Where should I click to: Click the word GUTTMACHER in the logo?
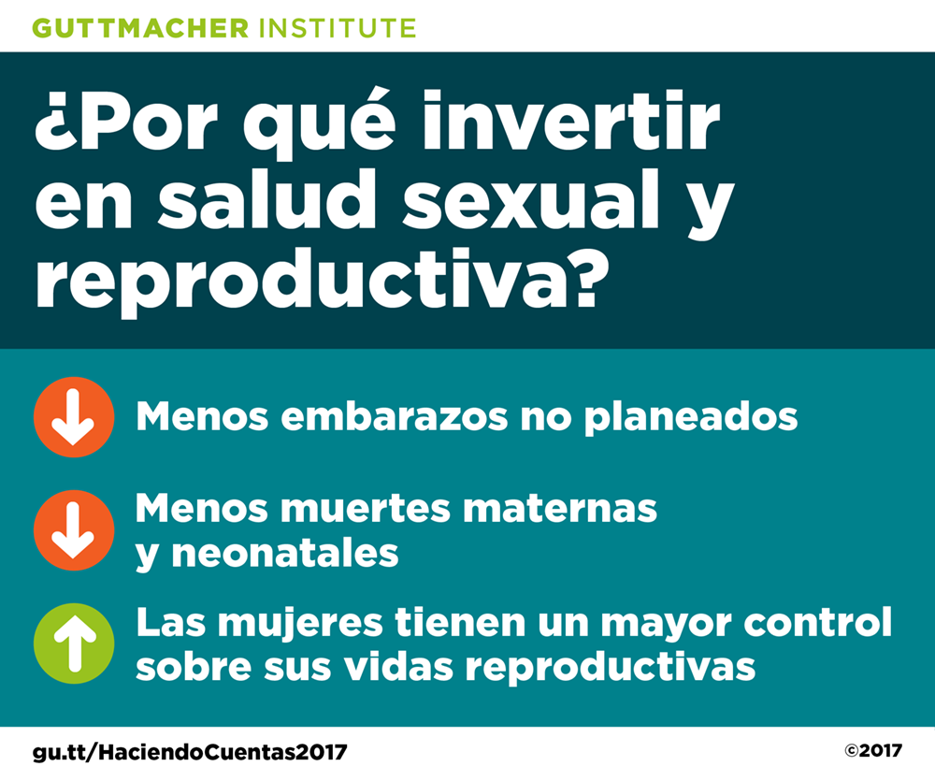[140, 28]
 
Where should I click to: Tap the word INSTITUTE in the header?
[338, 28]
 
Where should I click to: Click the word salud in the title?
[266, 198]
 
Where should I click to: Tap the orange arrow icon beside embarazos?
[74, 417]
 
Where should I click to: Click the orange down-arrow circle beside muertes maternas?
[74, 530]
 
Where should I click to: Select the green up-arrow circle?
[74, 644]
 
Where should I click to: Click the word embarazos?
[395, 416]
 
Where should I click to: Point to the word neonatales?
[285, 553]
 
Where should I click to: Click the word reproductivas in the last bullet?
[611, 668]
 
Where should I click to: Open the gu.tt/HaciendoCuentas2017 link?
[190, 752]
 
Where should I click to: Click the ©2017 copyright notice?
[873, 750]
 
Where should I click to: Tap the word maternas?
[560, 509]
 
